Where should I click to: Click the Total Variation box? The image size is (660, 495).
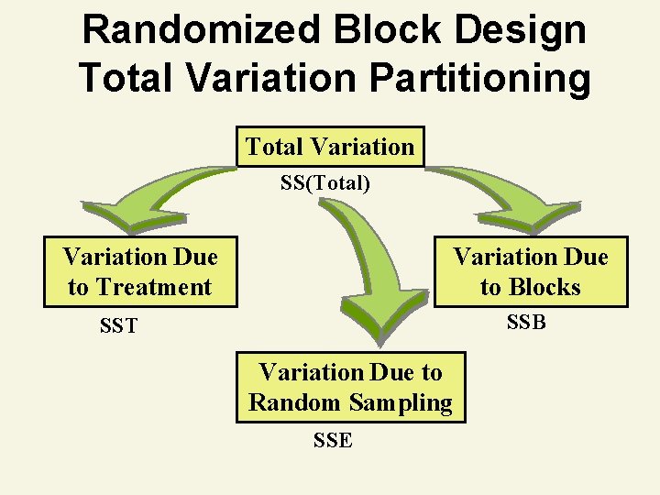330,147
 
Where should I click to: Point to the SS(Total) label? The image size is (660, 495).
325,183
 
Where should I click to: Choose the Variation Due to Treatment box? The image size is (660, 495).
140,271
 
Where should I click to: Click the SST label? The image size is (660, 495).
118,325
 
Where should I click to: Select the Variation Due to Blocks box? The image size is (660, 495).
531,271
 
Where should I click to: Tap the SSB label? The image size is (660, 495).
526,322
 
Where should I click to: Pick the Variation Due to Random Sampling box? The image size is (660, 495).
350,388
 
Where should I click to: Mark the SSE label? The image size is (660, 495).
332,440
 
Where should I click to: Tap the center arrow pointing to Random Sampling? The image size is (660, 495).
367,266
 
